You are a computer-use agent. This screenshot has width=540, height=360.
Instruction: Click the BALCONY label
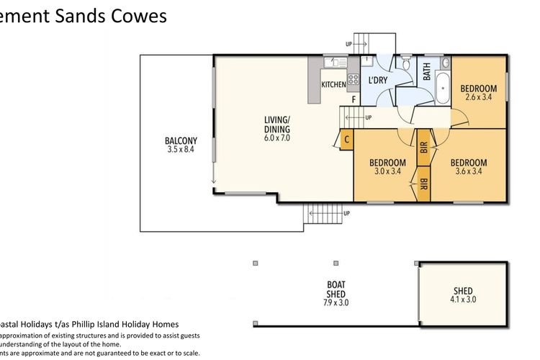click(181, 140)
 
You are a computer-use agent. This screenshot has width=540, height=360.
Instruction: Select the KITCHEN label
click(333, 85)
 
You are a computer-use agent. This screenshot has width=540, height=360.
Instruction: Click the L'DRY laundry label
click(379, 81)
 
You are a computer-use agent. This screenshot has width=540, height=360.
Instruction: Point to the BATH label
click(427, 71)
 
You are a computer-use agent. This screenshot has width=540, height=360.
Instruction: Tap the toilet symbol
click(407, 67)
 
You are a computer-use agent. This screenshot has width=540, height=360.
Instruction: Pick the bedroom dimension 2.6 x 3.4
click(478, 96)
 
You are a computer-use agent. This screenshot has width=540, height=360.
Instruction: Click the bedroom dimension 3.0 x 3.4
click(387, 171)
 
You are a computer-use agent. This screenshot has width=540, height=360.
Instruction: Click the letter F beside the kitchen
click(353, 99)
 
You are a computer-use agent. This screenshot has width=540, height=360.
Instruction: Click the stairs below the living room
click(320, 214)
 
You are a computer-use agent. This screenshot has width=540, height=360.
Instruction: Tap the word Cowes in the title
click(138, 17)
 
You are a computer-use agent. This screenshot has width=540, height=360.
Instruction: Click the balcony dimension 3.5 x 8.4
click(181, 150)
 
